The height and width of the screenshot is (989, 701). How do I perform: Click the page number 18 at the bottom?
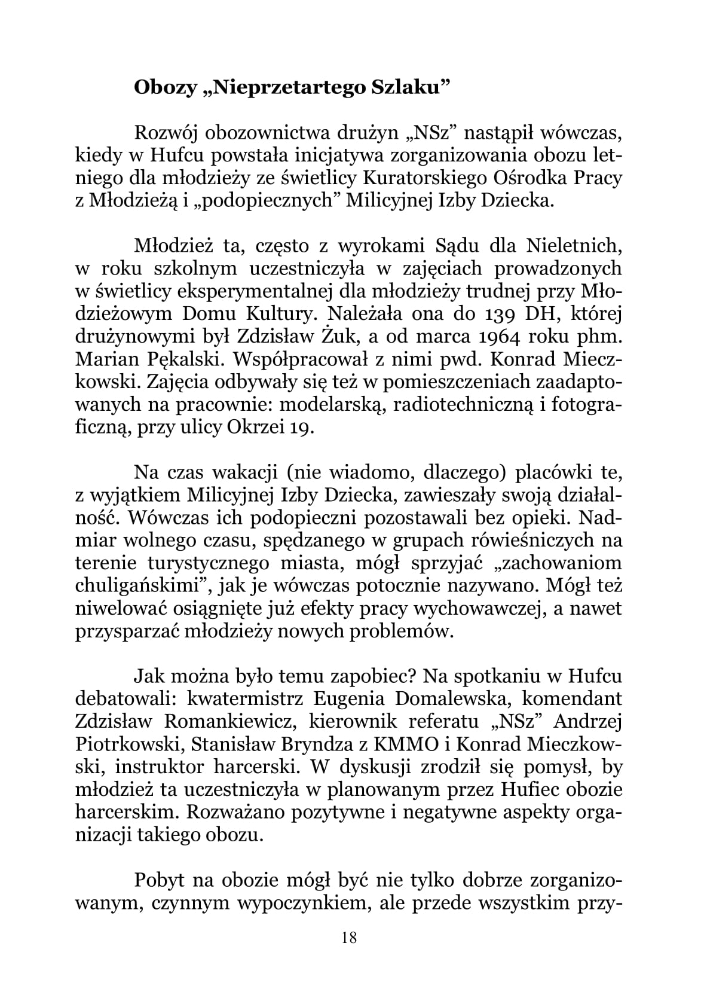(350, 937)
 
